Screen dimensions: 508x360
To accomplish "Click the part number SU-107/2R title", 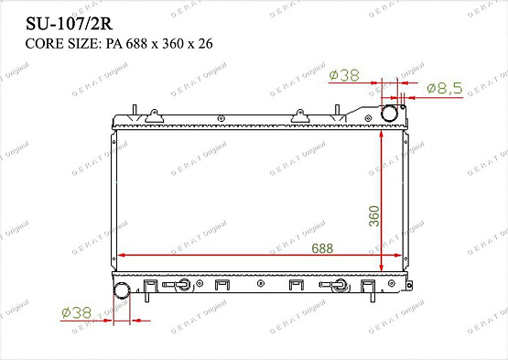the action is [69, 24].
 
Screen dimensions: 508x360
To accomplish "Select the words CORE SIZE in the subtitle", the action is [61, 44].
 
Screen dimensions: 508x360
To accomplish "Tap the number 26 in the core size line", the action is [205, 44].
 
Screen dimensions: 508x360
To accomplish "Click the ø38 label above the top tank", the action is [344, 75].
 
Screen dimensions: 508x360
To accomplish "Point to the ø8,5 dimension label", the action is [445, 88].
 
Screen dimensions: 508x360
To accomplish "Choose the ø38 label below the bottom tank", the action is [77, 313].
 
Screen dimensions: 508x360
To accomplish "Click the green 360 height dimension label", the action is [373, 216].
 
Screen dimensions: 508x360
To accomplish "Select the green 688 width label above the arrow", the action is [322, 248].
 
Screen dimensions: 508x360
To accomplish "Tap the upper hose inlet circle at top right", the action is [389, 114].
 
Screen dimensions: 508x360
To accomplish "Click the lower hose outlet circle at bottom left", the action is [122, 290].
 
